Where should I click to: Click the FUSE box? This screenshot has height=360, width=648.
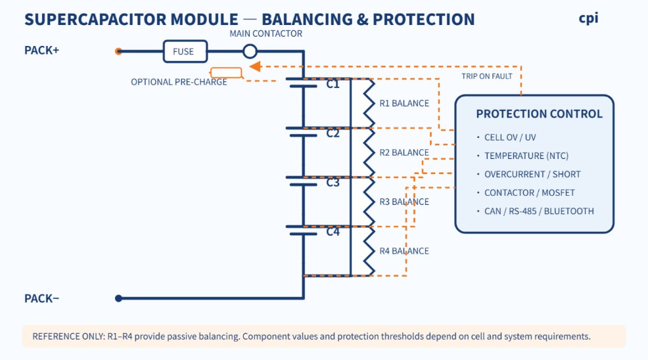click(x=185, y=51)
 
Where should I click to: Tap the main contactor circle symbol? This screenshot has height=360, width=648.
click(x=250, y=51)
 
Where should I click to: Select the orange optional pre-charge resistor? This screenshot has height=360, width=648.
click(x=226, y=73)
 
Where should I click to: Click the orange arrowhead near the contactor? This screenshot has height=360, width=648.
click(x=255, y=66)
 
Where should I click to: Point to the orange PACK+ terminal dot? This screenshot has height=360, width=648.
click(x=118, y=51)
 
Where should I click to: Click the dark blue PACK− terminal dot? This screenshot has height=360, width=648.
click(x=118, y=298)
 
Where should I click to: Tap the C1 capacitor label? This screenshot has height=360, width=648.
click(x=333, y=84)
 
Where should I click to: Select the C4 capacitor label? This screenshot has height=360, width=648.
click(x=333, y=232)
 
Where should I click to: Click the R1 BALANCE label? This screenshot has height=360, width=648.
click(x=404, y=103)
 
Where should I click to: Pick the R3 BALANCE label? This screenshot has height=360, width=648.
click(x=404, y=202)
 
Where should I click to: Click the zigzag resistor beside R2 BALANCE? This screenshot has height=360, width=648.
click(x=369, y=152)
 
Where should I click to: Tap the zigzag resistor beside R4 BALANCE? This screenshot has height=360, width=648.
click(x=369, y=251)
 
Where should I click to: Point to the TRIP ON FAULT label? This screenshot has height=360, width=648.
click(x=487, y=76)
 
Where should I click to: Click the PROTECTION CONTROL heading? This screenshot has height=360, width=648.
click(x=540, y=114)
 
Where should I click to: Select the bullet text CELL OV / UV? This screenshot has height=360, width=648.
click(x=510, y=137)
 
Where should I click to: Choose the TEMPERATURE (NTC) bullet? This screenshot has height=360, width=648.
click(x=526, y=156)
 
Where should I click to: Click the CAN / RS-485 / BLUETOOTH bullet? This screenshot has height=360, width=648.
click(x=539, y=212)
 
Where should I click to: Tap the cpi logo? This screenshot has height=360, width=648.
click(x=588, y=18)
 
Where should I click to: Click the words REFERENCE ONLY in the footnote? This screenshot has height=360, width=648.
click(x=68, y=336)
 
